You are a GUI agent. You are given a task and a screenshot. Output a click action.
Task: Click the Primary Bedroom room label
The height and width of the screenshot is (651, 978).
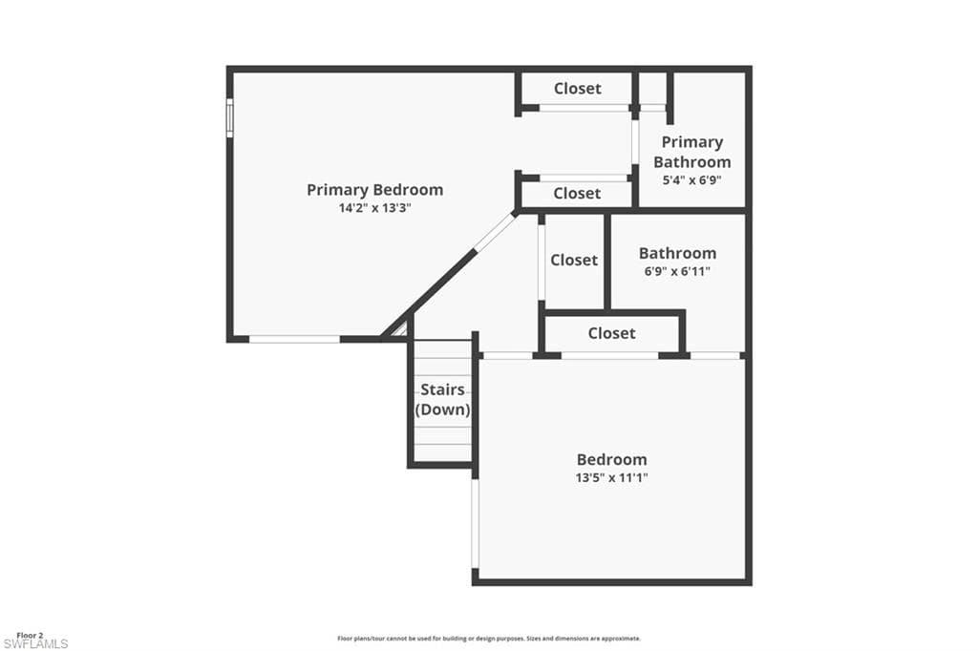point(374,190)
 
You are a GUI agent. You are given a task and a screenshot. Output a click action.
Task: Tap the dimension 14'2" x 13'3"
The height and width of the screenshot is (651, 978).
point(374,208)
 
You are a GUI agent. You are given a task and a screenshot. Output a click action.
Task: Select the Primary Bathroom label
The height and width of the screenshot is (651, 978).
point(692,152)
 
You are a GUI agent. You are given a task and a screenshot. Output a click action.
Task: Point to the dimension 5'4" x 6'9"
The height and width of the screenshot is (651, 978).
point(692,180)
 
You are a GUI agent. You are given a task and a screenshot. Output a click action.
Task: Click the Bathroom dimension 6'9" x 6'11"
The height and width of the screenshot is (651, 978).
point(677,272)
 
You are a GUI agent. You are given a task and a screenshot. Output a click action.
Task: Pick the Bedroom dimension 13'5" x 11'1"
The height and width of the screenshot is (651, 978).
point(612,478)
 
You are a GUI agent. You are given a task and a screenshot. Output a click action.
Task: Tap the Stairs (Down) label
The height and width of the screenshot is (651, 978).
point(443,400)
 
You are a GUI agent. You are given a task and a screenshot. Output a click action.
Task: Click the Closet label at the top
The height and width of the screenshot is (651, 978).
point(578,89)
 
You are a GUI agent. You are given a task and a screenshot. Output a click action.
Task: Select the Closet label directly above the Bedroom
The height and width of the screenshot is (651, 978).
point(612,333)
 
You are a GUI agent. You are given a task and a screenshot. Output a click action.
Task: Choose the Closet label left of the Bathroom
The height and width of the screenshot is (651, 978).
point(574,260)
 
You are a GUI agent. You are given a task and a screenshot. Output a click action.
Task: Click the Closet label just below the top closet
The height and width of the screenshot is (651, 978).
point(577,194)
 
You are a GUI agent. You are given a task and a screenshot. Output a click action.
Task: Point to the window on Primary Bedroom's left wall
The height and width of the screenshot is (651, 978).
point(229,117)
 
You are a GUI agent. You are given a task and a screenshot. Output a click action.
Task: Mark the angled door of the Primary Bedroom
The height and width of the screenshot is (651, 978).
point(496,233)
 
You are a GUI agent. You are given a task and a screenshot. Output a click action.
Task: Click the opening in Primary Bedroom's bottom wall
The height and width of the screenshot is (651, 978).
point(294,339)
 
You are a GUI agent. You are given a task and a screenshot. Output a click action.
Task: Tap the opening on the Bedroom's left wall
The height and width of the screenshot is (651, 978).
point(476,524)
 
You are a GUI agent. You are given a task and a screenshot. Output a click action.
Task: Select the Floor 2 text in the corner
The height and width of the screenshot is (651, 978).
point(30,636)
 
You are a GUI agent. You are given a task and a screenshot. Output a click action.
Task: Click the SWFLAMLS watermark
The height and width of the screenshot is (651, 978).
point(35,644)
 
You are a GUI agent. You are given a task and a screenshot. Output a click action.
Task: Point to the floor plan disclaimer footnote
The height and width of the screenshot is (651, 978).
point(489,639)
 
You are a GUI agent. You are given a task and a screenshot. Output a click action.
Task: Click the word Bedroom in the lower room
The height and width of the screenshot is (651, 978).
point(612,459)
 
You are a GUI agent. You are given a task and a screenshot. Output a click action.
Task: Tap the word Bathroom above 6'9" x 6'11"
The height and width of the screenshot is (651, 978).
point(677,253)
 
